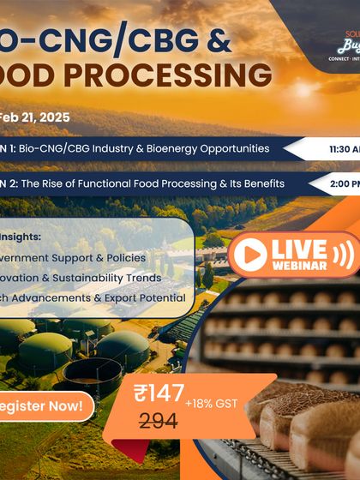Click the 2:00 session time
tap(341, 183)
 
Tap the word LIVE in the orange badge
tap(298, 249)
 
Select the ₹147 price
tap(159, 393)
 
